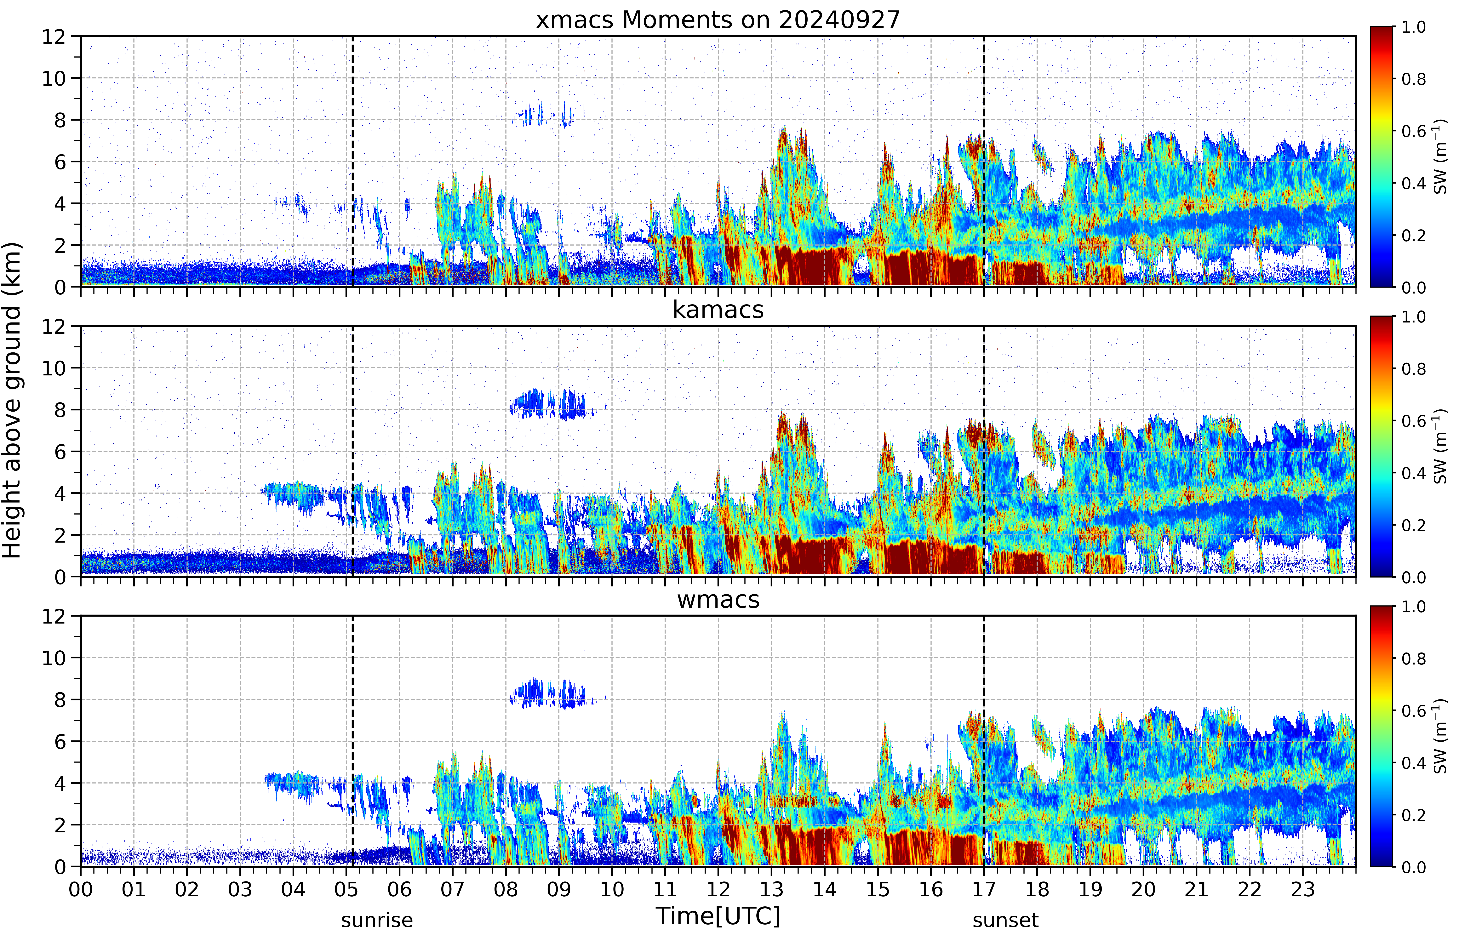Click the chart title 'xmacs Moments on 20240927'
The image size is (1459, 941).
(718, 20)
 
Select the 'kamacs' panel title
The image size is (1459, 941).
(718, 310)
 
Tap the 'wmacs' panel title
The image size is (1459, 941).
(718, 599)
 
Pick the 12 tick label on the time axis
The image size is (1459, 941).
(718, 889)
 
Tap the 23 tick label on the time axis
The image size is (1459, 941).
(1303, 889)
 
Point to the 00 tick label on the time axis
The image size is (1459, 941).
(81, 889)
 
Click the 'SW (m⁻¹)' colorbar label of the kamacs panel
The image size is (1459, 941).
(1440, 446)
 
